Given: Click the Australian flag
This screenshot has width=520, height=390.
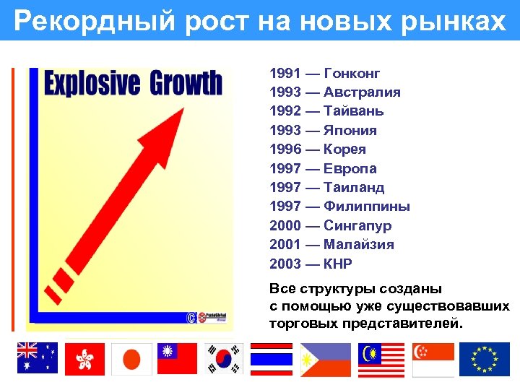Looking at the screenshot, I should point(38,359).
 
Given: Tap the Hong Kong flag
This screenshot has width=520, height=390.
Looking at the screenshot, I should point(84,359).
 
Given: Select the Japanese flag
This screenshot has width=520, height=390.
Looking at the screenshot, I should point(131,359).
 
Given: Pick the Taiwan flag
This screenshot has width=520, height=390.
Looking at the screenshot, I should point(178,359).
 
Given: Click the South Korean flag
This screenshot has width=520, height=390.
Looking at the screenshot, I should point(224,359).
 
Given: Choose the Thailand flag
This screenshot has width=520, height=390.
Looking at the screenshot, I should point(271,359).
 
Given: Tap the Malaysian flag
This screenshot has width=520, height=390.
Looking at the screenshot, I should point(381,359).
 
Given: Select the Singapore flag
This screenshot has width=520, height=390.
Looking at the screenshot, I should point(433,359).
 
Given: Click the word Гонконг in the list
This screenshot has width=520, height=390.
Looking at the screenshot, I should point(352,74).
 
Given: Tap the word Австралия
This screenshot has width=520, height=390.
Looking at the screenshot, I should point(363,92).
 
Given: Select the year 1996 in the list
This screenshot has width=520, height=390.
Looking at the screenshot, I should point(284,149).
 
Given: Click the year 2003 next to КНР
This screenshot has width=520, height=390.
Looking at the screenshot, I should point(284,263).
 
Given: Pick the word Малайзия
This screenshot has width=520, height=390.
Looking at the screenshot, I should point(359,244).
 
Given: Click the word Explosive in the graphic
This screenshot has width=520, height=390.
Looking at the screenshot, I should point(92,84).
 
